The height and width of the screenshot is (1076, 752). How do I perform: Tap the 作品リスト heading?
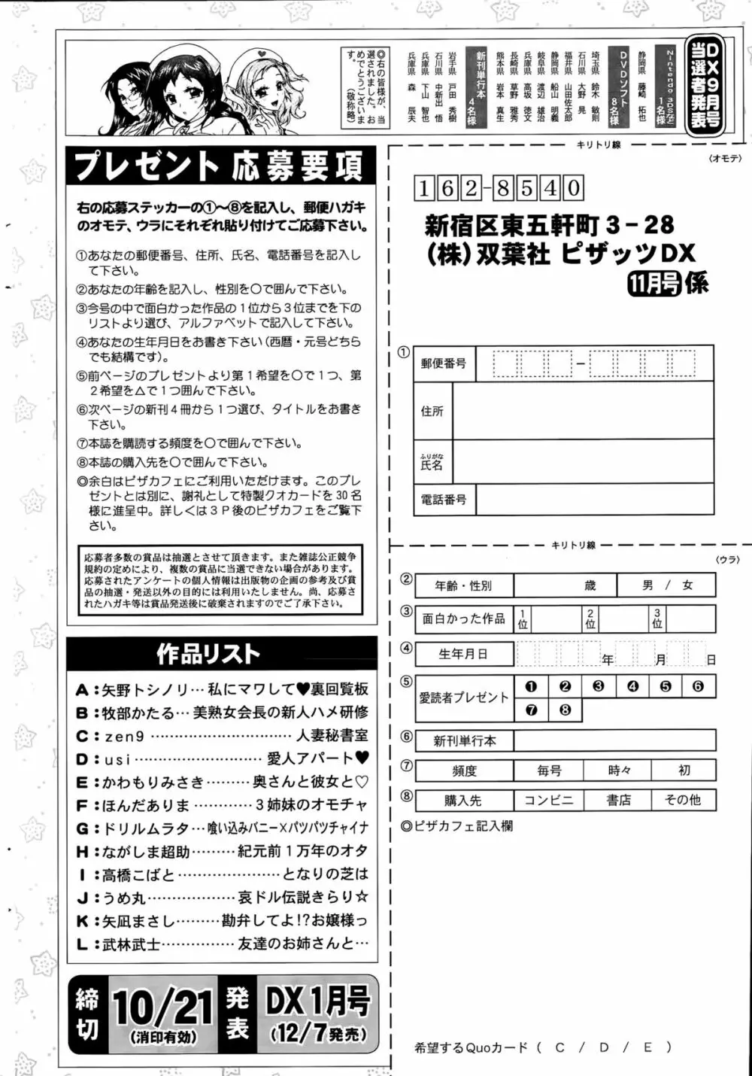[208, 654]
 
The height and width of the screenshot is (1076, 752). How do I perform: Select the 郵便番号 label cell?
[444, 363]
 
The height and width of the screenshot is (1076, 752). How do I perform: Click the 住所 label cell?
[432, 411]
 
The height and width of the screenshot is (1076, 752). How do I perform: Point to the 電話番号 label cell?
[444, 499]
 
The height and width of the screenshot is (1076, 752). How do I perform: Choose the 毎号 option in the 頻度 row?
[549, 771]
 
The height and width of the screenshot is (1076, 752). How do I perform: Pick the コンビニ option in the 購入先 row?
[548, 800]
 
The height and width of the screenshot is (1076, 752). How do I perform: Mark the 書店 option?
[619, 800]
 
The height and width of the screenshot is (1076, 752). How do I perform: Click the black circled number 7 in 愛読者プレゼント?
[532, 710]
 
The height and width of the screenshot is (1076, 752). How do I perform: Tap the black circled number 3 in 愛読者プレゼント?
[599, 685]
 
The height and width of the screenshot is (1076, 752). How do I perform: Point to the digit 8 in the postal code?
[502, 187]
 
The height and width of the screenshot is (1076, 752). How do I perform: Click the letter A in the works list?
[82, 689]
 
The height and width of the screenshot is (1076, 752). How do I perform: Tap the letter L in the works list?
[82, 944]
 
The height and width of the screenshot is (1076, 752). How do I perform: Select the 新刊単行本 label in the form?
[465, 740]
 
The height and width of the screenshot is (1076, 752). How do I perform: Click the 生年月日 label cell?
[463, 654]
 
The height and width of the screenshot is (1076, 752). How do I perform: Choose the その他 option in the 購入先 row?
[682, 800]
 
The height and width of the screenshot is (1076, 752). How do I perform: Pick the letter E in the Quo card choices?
[648, 1047]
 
